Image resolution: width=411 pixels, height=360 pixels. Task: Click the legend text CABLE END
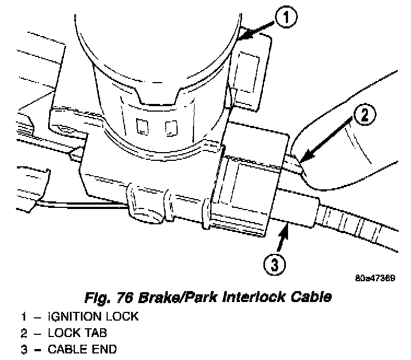81,349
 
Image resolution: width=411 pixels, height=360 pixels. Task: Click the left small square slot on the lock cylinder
143,127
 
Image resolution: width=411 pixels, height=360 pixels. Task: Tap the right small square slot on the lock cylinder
172,127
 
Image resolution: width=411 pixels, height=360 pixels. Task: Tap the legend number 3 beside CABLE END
24,349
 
